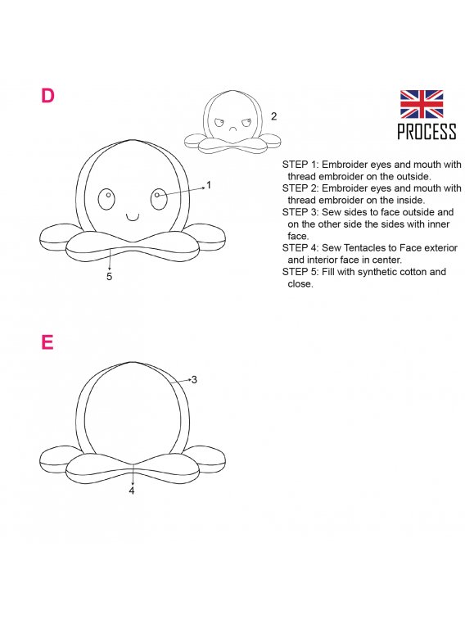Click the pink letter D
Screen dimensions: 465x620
click(x=47, y=96)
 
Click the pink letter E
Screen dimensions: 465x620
click(x=47, y=342)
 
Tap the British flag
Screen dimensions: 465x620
click(x=422, y=104)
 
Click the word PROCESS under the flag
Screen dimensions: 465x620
click(x=427, y=131)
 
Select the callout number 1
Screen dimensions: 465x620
click(x=209, y=184)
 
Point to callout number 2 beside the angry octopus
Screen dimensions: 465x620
click(x=273, y=116)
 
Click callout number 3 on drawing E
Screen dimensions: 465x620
click(x=194, y=379)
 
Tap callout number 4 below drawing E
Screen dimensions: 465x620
click(x=132, y=491)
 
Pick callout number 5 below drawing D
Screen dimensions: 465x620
click(x=110, y=276)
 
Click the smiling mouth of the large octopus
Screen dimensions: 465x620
click(x=133, y=218)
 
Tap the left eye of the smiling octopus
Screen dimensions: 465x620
click(x=106, y=199)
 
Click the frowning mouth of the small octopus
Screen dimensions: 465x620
click(x=232, y=129)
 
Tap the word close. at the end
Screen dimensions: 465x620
click(x=300, y=284)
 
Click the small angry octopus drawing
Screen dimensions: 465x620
click(x=232, y=122)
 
